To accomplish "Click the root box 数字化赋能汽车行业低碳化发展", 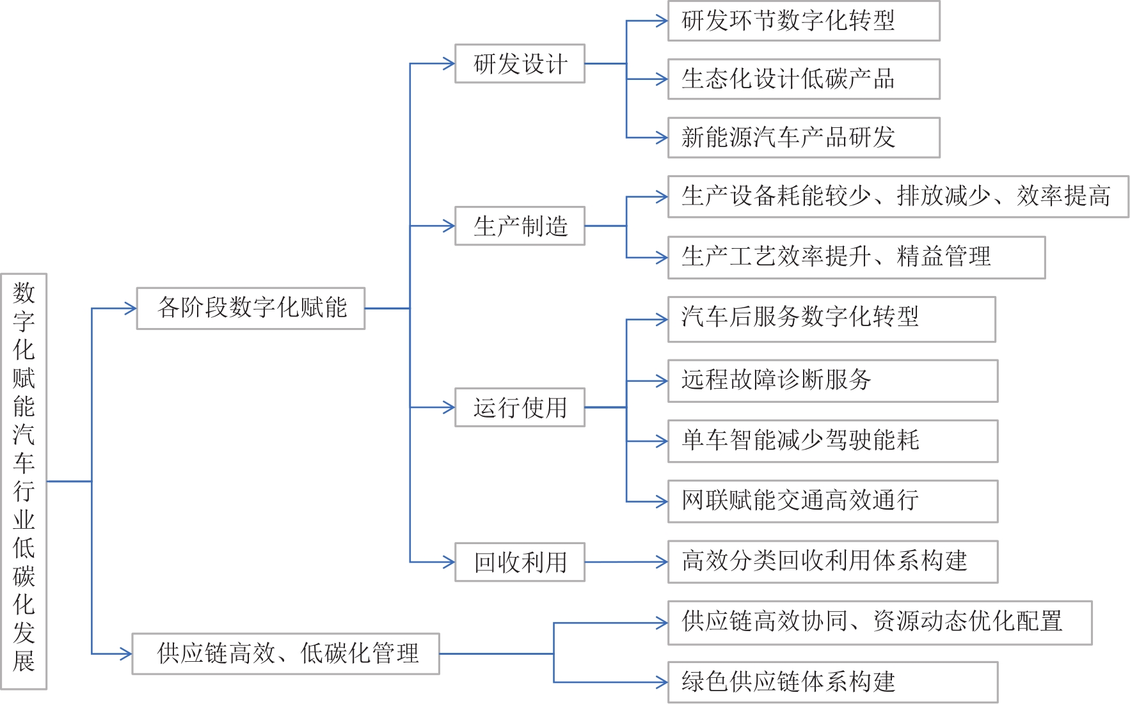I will (24, 481).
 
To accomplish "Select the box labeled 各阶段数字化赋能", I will (251, 308).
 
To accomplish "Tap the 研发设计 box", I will (520, 63).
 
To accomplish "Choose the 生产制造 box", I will (520, 226).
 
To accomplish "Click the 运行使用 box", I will (520, 407).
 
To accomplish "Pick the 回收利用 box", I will (520, 562).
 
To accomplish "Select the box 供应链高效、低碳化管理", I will (285, 653).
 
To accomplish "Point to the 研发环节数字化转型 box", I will (804, 21).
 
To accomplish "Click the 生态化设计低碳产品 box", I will (804, 79).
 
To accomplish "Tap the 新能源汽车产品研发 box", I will (804, 137).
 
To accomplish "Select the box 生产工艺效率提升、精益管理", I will (856, 257).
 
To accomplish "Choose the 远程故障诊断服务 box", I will (832, 380).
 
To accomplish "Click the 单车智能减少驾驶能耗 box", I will (832, 441).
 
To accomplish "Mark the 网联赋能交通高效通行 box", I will (832, 501).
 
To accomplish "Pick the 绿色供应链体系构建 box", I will (832, 682).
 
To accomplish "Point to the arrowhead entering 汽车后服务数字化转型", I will (662, 320).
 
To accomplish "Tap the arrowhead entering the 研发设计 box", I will (449, 63).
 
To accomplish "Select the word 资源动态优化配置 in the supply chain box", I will (967, 622).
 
